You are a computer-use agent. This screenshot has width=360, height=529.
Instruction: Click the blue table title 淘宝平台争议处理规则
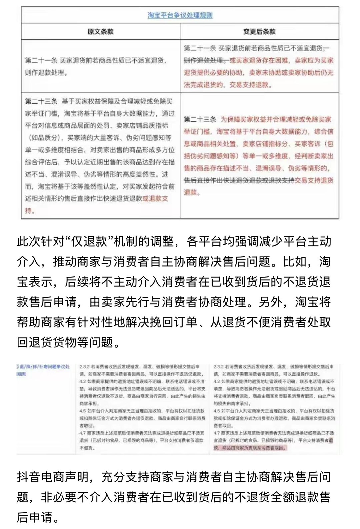(180, 15)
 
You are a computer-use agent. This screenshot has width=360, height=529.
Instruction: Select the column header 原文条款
(100, 32)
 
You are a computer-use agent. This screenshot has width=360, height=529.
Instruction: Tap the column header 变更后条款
(259, 32)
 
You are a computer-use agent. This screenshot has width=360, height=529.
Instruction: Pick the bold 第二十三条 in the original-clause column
(41, 101)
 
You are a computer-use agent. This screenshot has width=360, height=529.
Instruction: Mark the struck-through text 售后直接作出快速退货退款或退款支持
(239, 180)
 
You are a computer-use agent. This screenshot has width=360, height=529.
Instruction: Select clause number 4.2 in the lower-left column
(83, 381)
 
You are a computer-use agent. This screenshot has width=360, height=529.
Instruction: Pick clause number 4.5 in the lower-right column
(217, 411)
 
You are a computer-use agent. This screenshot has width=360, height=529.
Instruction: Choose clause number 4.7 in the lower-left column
(83, 433)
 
